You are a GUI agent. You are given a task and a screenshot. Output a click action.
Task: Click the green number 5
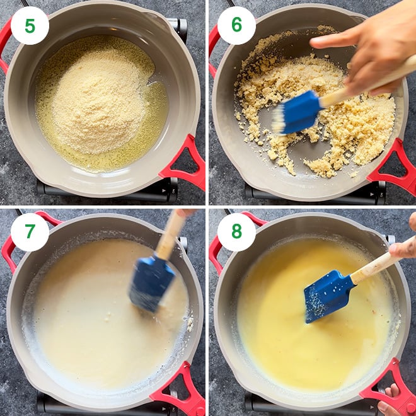30,26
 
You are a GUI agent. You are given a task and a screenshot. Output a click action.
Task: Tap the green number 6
236,25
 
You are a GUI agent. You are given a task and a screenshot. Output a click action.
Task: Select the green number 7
30,231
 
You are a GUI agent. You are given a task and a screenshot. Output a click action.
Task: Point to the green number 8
236,231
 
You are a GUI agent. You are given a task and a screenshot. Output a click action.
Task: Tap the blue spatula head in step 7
152,283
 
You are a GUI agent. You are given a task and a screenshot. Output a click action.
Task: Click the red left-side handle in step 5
5,45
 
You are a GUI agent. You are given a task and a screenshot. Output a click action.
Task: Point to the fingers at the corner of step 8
393,401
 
